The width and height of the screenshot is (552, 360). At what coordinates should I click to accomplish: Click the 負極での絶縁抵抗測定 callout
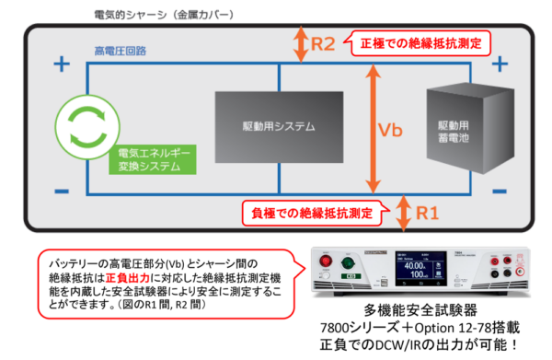312,214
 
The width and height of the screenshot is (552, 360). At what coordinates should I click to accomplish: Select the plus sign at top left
61,65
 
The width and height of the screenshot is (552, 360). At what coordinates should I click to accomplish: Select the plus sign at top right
500,65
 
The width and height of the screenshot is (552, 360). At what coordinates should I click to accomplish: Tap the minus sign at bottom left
61,192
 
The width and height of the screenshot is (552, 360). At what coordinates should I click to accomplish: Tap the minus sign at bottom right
500,193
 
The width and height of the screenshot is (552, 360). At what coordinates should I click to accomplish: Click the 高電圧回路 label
120,49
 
